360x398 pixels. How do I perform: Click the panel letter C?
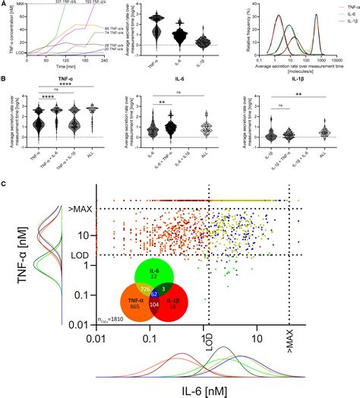tap(5, 183)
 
